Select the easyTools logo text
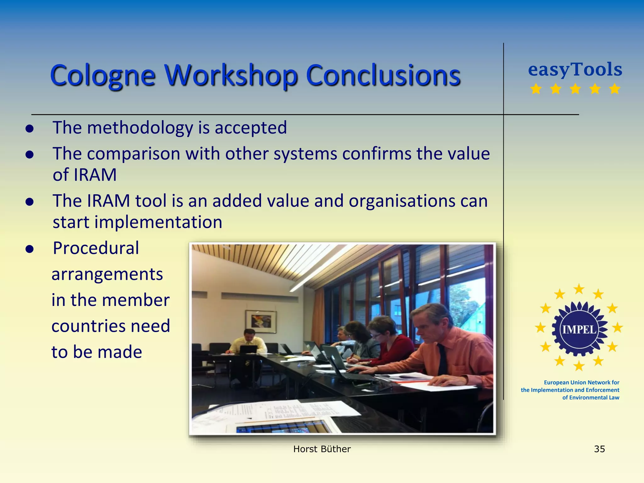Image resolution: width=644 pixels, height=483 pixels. (575, 69)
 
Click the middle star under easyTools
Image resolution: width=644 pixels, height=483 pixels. (575, 89)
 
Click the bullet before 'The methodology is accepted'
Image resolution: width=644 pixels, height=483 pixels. (30, 128)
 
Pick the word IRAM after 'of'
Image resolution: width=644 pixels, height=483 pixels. (95, 175)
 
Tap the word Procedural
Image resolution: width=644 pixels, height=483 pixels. (96, 248)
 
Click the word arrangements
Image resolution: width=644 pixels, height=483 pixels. (107, 274)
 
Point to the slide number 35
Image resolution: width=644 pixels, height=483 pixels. (599, 449)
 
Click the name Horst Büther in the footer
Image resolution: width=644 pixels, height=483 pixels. (322, 449)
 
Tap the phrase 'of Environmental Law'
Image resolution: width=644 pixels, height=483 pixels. (591, 397)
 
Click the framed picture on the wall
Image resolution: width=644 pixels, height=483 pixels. (261, 321)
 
